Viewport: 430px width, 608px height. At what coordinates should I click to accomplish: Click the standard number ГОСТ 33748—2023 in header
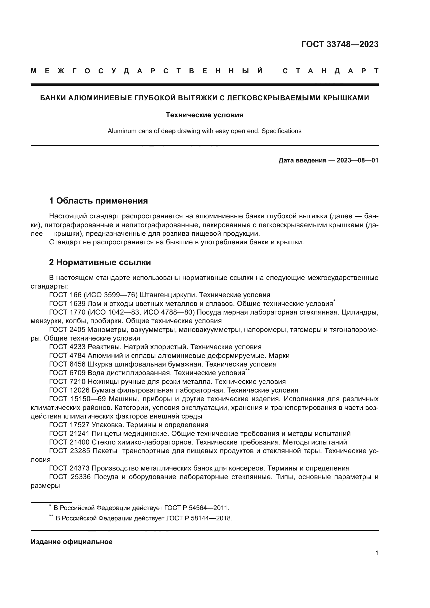tap(340, 44)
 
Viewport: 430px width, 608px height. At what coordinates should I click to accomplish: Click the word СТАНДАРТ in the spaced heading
tap(330, 71)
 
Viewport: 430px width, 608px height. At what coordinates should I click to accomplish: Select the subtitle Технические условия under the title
tap(204, 115)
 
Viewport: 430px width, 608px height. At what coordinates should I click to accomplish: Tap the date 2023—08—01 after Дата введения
tap(357, 160)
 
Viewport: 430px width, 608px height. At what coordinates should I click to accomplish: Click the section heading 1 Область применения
tap(98, 201)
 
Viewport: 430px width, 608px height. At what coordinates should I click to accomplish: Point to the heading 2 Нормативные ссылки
tap(100, 263)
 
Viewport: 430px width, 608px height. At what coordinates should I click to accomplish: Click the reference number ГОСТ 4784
tap(67, 356)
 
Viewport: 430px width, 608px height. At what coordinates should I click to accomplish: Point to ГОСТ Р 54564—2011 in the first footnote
tap(196, 508)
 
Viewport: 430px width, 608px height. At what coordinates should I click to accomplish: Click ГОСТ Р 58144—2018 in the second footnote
tap(199, 518)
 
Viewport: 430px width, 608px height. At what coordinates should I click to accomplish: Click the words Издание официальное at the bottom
tap(71, 542)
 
